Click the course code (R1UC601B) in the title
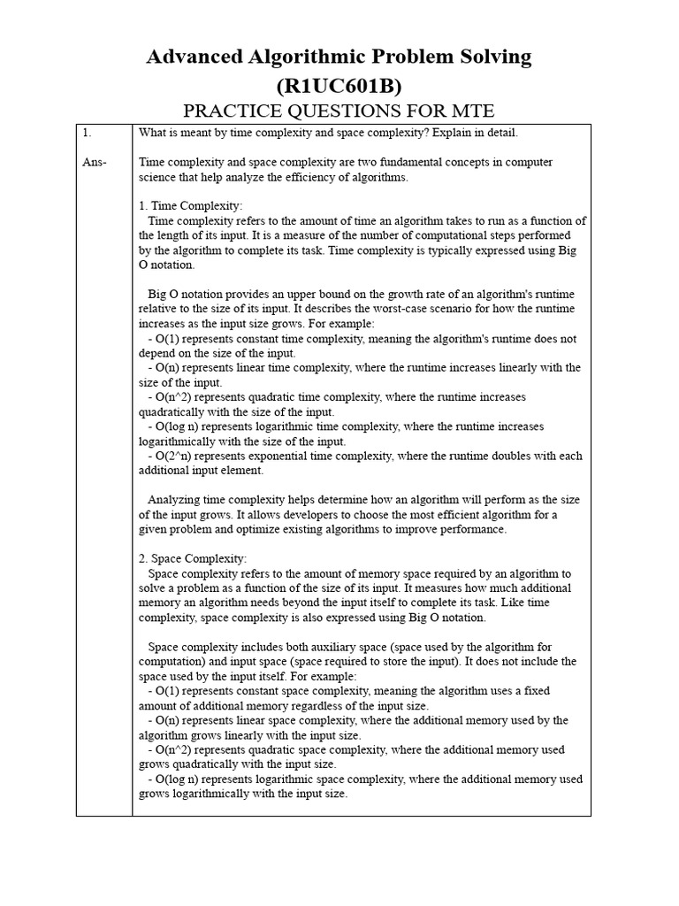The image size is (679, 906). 339,86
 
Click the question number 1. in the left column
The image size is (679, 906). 87,133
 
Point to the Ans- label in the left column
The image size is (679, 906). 94,162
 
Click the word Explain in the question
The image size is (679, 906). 447,133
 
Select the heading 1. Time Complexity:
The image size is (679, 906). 190,206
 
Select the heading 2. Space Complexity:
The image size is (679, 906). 193,559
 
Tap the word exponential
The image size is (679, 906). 278,457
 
